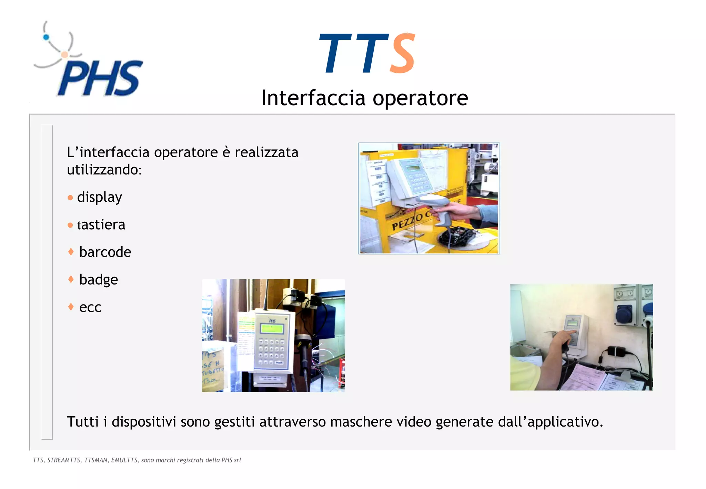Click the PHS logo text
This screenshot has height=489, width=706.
[100, 79]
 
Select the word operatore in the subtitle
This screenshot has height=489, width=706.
[420, 98]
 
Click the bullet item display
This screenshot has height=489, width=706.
[99, 197]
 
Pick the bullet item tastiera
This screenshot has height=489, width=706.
[101, 225]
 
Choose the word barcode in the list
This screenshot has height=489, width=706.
[105, 252]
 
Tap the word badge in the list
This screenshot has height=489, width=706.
[99, 280]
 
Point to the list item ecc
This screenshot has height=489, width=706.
[90, 307]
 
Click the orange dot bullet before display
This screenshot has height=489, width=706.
[70, 198]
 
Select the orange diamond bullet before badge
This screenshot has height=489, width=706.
[71, 279]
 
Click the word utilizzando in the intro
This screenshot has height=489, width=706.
[104, 170]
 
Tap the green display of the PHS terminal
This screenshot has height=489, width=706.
[272, 329]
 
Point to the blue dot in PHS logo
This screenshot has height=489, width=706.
[46, 37]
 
